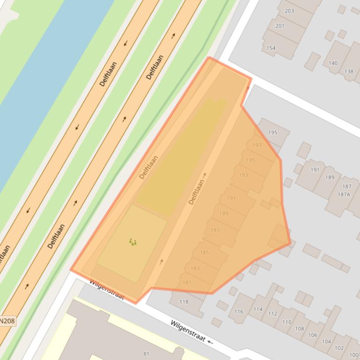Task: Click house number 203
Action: pyautogui.click(x=289, y=11)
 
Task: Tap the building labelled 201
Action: pyautogui.click(x=280, y=26)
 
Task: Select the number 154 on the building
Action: pyautogui.click(x=271, y=48)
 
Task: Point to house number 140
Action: pyautogui.click(x=333, y=63)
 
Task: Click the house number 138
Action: pyautogui.click(x=349, y=72)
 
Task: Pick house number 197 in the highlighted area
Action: pyautogui.click(x=257, y=145)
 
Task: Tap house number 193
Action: pyautogui.click(x=243, y=175)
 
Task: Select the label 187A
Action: pyautogui.click(x=344, y=194)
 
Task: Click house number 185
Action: pyautogui.click(x=205, y=253)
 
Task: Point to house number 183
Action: pyautogui.click(x=195, y=268)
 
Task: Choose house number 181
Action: pyautogui.click(x=187, y=282)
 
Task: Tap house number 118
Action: pyautogui.click(x=184, y=302)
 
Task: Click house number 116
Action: pyautogui.click(x=239, y=311)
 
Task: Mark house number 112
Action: pyautogui.click(x=272, y=314)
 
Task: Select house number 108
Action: pyautogui.click(x=299, y=329)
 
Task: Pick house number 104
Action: pyautogui.click(x=326, y=342)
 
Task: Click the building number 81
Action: pyautogui.click(x=146, y=354)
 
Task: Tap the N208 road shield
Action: pyautogui.click(x=7, y=321)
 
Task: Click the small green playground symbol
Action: pyautogui.click(x=133, y=242)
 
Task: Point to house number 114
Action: pyautogui.click(x=258, y=309)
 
